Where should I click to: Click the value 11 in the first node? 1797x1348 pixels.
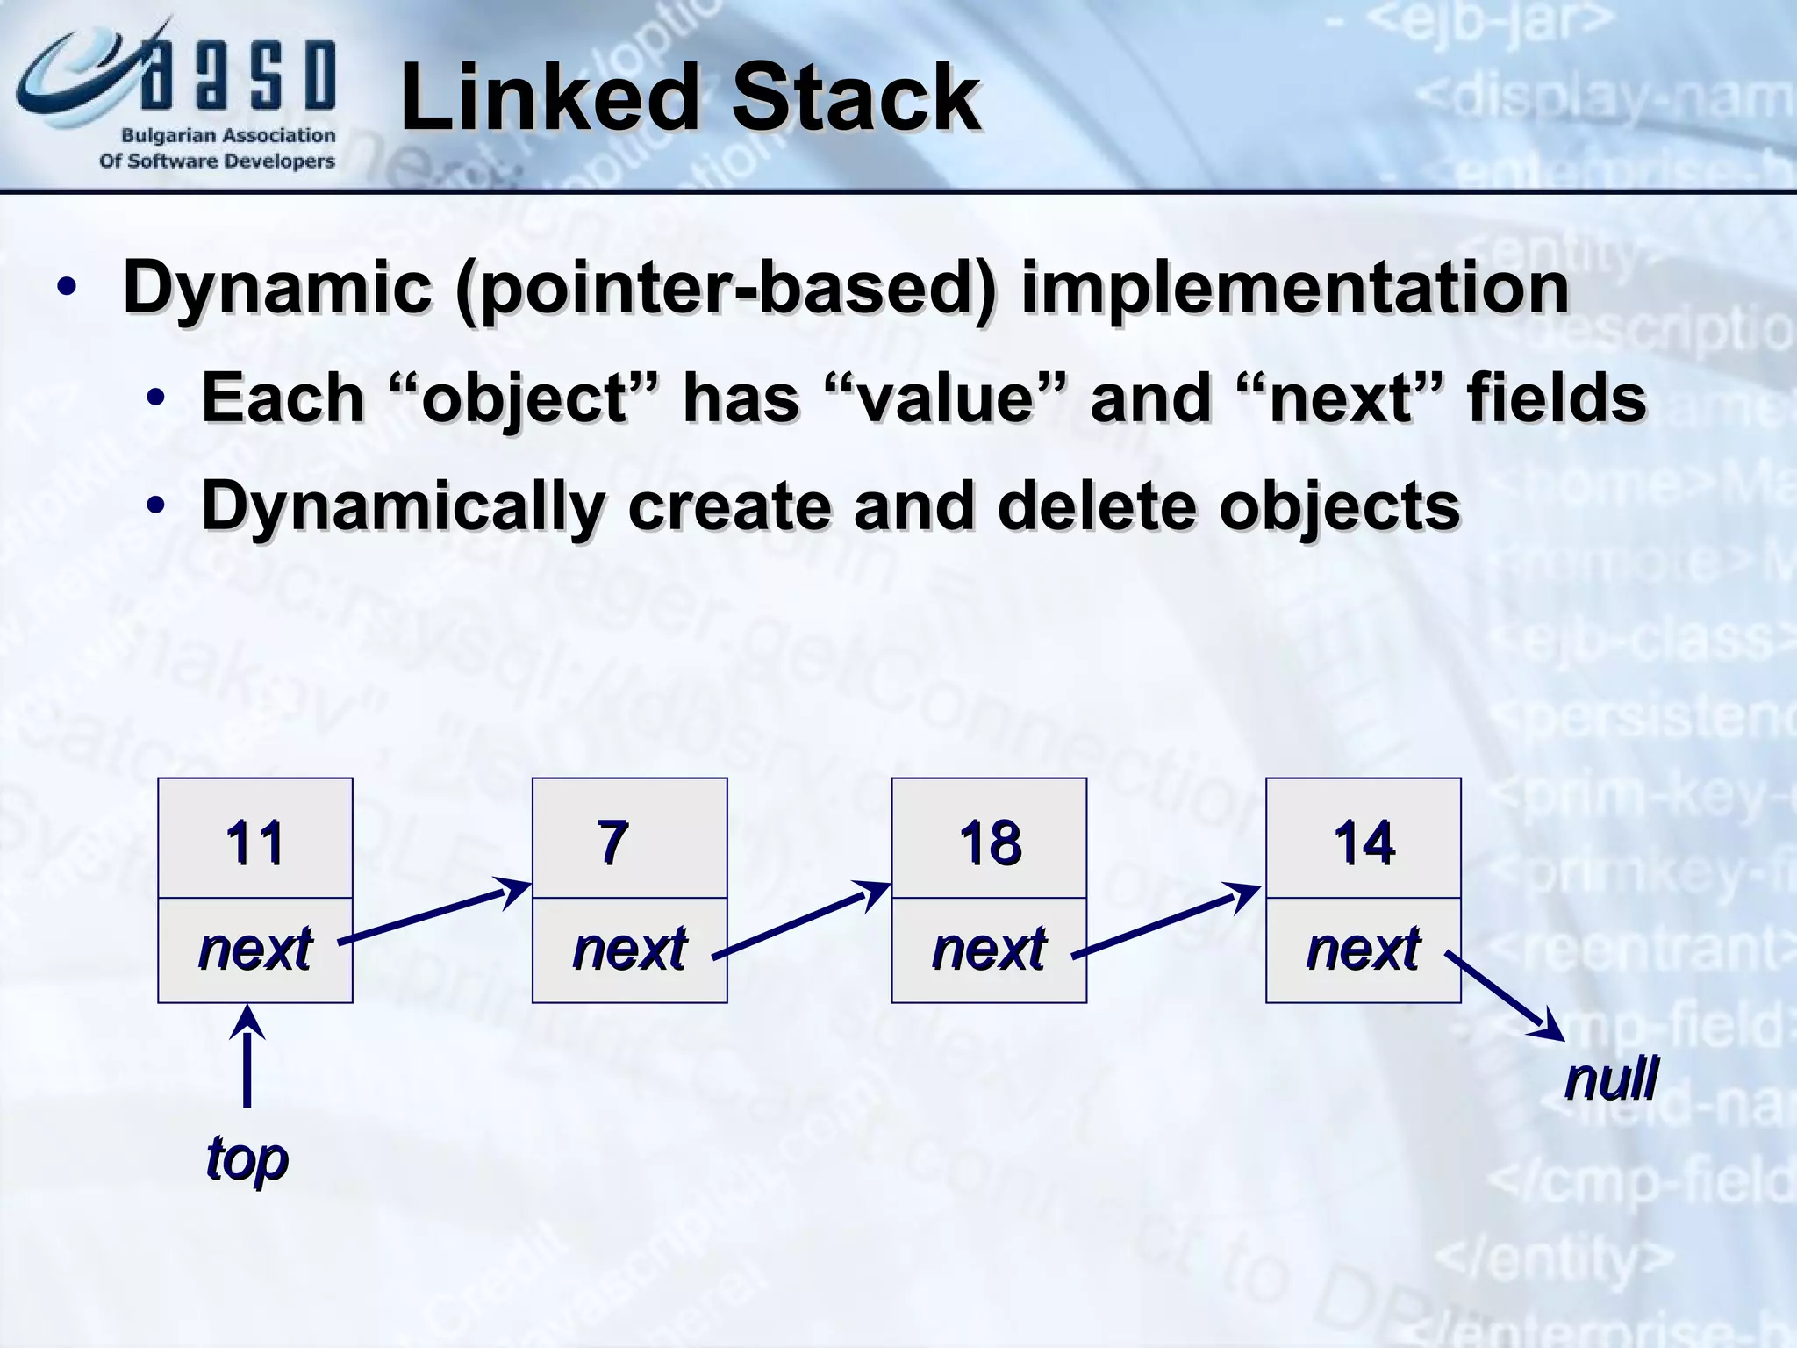(254, 842)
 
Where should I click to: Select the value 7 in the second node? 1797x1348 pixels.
(612, 842)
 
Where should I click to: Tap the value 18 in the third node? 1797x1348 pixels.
(990, 842)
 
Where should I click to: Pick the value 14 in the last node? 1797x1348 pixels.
(1364, 842)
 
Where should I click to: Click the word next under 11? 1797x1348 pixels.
(254, 949)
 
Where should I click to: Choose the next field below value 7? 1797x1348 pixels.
(628, 949)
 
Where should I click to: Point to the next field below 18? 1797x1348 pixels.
(989, 949)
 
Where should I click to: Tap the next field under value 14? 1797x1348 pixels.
(1363, 949)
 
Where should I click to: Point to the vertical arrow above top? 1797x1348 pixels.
(247, 1058)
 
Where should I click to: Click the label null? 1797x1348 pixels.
(1611, 1079)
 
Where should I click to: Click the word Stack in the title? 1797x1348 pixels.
(856, 98)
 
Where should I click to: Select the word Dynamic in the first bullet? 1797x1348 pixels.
(277, 288)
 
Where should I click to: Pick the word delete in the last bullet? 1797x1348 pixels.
(1097, 506)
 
